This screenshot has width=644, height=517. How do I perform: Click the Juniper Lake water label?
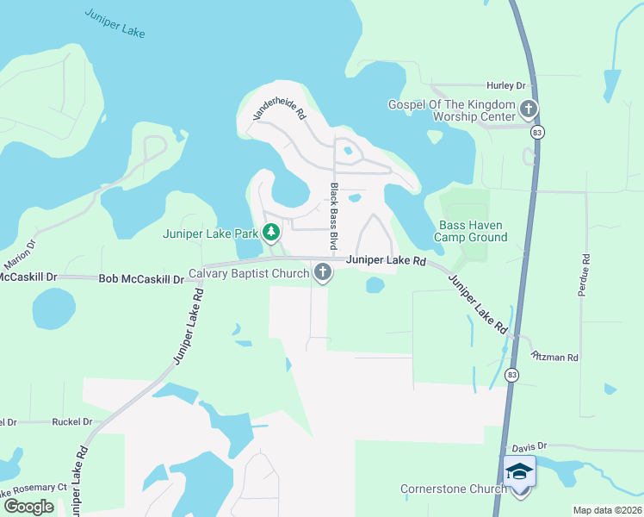coord(115,22)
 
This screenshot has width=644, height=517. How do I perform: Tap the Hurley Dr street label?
coord(505,86)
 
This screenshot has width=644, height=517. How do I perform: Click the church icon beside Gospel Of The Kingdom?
coord(528,109)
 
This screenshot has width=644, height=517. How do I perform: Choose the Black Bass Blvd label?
coord(334,215)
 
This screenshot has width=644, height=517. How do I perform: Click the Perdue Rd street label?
coord(585,275)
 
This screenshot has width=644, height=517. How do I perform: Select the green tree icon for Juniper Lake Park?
coord(271,232)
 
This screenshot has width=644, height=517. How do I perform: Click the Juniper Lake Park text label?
coord(210,234)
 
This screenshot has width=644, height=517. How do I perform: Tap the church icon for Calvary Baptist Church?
coord(323,273)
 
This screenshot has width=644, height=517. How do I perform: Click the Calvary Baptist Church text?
coord(249,274)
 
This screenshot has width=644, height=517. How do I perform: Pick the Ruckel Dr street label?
coord(71,422)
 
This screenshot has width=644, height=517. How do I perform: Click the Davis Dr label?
coord(529,447)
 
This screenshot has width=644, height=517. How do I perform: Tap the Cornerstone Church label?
coord(453,489)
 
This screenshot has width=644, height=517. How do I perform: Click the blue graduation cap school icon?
coord(520,471)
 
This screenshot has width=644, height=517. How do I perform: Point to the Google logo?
coord(29,507)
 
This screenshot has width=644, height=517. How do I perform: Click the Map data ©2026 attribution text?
coord(607,510)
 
